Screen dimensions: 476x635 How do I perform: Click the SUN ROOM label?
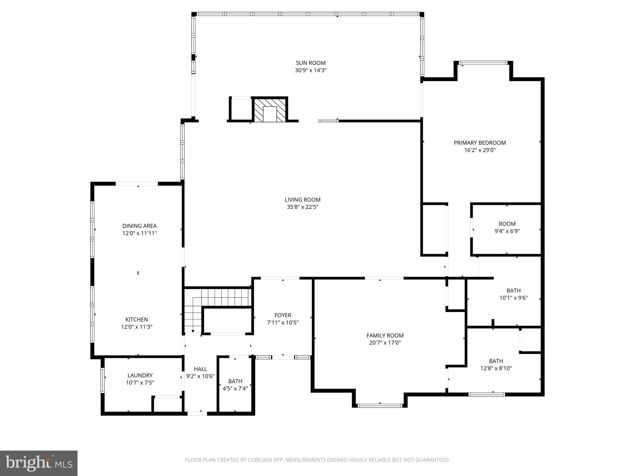[x=310, y=63]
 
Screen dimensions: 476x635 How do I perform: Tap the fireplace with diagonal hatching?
[x=269, y=110]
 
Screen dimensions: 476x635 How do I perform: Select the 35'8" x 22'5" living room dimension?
[x=302, y=207]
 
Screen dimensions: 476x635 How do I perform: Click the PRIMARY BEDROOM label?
[x=479, y=143]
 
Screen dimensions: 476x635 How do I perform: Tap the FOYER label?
[x=282, y=315]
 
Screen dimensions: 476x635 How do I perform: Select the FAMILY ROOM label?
[x=385, y=335]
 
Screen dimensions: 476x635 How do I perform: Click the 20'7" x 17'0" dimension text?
[x=385, y=343]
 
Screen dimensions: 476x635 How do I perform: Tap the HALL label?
[x=200, y=369]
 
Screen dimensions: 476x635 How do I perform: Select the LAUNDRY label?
[x=140, y=375]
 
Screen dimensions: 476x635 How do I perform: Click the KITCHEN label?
[x=136, y=320]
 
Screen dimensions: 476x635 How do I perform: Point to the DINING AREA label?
[x=139, y=226]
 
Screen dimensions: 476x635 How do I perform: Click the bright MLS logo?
[x=39, y=463]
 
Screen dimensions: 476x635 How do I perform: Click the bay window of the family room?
[x=380, y=405]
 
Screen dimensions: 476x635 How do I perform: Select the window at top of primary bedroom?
[x=483, y=63]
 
